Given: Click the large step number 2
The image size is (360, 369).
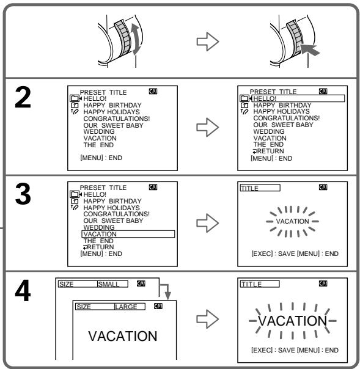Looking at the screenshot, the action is coord(23,97).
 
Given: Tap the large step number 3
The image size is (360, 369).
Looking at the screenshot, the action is coord(23,194).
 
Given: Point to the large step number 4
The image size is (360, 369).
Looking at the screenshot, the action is coord(23,291).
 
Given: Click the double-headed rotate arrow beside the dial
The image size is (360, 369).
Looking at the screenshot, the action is coord(136,39).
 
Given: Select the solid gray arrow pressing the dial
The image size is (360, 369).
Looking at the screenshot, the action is coord(310,49).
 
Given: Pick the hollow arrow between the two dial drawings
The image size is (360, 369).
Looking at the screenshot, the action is coord(208,42).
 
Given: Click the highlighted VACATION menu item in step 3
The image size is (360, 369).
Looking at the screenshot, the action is coord(128,234).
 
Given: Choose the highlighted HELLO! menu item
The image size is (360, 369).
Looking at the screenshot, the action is coord(298,98).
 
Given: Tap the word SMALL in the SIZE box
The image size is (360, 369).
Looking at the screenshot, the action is coord(109,284).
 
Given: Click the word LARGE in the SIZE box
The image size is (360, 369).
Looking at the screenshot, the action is coord(126,307).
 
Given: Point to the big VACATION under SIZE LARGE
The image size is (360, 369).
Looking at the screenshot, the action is coord(123,336).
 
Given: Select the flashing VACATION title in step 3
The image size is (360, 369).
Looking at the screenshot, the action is coord(292,221).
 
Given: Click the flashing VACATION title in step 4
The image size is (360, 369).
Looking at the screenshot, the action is coord(292,321).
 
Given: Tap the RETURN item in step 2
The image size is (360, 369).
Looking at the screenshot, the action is coord(268,151).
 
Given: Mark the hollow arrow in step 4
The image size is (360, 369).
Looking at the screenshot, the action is coord(208,319).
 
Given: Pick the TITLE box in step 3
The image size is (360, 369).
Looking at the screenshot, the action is coord(260,188).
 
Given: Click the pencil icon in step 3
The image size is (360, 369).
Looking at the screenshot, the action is coord(75,208).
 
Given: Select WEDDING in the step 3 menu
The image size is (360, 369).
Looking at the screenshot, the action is coord(99,227).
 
